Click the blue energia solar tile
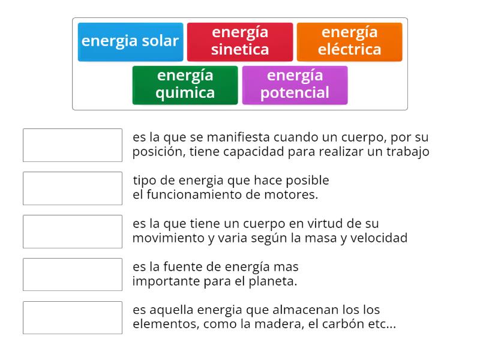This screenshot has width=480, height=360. pyautogui.click(x=130, y=41)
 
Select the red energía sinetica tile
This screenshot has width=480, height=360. pyautogui.click(x=240, y=41)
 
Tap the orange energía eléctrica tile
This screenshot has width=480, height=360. pyautogui.click(x=349, y=41)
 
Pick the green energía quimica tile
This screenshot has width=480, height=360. pyautogui.click(x=185, y=85)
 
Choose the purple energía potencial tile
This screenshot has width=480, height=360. pyautogui.click(x=295, y=85)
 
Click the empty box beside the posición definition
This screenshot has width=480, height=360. pyautogui.click(x=73, y=145)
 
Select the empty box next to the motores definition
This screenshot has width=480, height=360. pyautogui.click(x=73, y=188)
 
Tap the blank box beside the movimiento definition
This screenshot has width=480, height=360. pyautogui.click(x=73, y=232)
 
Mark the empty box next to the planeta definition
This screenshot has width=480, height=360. pyautogui.click(x=73, y=275)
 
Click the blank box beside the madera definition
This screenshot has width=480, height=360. pyautogui.click(x=73, y=318)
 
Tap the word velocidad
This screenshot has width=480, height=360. pyautogui.click(x=381, y=238)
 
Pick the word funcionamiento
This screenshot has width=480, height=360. pyautogui.click(x=189, y=195)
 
